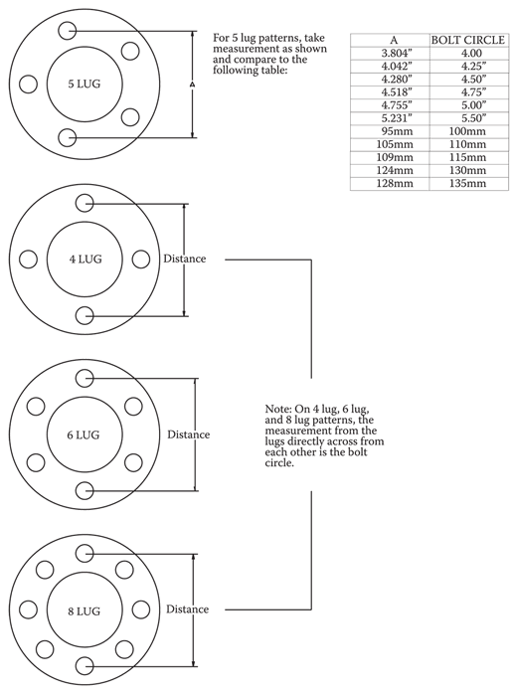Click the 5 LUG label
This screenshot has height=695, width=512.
pyautogui.click(x=84, y=84)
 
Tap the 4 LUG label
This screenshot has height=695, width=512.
pyautogui.click(x=85, y=259)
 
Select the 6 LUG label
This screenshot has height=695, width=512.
pyautogui.click(x=84, y=434)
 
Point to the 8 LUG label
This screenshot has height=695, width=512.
pyautogui.click(x=84, y=611)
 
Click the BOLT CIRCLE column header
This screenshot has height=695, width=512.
pyautogui.click(x=468, y=41)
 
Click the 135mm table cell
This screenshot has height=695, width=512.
pyautogui.click(x=467, y=183)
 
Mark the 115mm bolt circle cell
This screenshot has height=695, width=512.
pyautogui.click(x=467, y=157)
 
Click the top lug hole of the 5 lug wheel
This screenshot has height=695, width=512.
pyautogui.click(x=68, y=31)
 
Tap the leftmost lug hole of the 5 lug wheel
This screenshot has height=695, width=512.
pyautogui.click(x=29, y=85)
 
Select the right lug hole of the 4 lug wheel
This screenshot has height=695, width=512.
pyautogui.click(x=141, y=260)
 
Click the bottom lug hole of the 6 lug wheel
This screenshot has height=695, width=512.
pyautogui.click(x=85, y=490)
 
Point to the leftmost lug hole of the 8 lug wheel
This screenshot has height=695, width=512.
pyautogui.click(x=29, y=609)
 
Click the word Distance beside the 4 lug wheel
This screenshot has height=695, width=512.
pyautogui.click(x=185, y=259)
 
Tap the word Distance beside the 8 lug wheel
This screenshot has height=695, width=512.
pyautogui.click(x=188, y=609)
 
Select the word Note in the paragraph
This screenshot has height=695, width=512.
pyautogui.click(x=278, y=409)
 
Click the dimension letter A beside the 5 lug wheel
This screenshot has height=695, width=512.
pyautogui.click(x=193, y=85)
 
